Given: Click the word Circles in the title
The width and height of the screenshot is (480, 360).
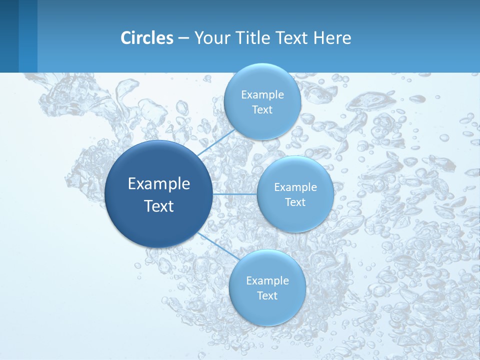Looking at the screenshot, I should (147, 38).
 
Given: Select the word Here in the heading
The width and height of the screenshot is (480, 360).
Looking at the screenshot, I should (332, 38).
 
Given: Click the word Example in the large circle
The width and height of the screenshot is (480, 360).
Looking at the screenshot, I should (159, 184).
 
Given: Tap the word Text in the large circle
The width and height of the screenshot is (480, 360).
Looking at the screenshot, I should (159, 206).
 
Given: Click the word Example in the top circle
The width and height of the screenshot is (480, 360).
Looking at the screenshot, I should (262, 95).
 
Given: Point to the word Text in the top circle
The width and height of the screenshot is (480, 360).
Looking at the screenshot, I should (262, 110).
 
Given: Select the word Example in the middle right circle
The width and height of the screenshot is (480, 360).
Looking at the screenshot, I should (295, 187).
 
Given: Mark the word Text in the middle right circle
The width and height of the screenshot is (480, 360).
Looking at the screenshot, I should (295, 202).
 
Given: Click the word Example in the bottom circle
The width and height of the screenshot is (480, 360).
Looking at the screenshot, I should (267, 281).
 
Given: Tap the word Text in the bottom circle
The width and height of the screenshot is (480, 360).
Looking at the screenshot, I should (267, 296).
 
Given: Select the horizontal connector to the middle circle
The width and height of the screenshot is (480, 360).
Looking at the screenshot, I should (235, 193).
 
